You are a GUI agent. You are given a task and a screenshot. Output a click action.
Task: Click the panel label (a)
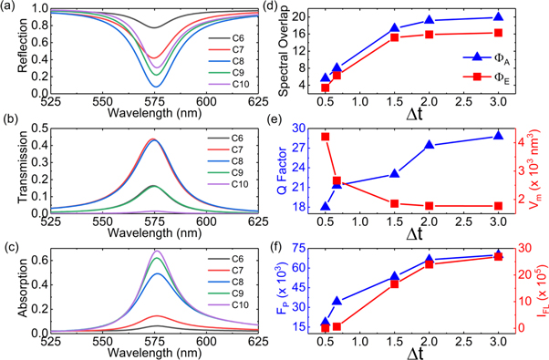click(11, 7)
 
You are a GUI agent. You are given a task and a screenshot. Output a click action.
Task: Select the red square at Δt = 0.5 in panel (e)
click(325, 137)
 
